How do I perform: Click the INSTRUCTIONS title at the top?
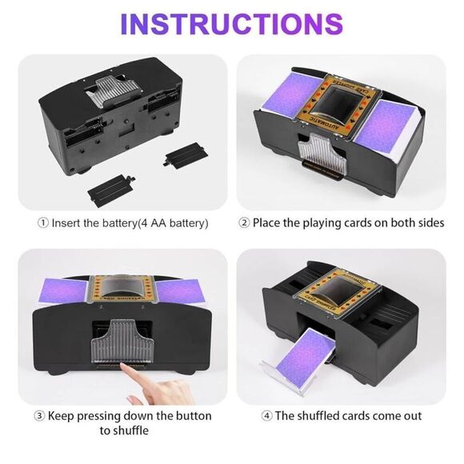tap(231, 24)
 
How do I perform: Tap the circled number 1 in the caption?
tap(42, 222)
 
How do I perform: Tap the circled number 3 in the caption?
tap(39, 416)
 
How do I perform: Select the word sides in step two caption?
tap(428, 222)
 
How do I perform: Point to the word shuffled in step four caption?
tap(325, 416)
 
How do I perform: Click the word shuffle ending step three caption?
tap(130, 431)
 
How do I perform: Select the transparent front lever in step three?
tap(122, 339)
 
